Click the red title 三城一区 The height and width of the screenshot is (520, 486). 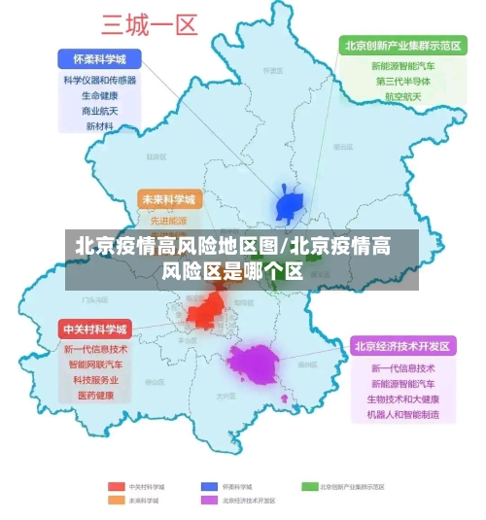pos(150,25)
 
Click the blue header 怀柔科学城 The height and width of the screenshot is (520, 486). pos(99,57)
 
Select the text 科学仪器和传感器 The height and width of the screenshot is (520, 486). pos(99,80)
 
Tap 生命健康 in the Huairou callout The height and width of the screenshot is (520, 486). pos(99,95)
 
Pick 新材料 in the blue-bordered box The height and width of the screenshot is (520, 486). pos(99,126)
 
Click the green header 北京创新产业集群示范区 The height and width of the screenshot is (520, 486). pos(401,45)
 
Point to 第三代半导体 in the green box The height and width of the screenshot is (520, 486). pos(402,82)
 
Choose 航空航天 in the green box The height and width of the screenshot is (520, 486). pos(402,97)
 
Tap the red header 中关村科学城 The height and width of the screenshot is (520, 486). pos(94,329)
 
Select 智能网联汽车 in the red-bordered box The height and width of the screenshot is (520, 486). pos(95,364)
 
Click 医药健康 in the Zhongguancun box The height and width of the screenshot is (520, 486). pos(95,396)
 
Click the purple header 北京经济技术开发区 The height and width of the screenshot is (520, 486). pos(402,346)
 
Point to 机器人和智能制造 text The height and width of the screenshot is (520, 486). pos(403,414)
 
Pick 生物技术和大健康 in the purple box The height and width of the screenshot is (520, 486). pos(403,399)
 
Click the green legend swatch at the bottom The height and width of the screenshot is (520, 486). pos(310,485)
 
